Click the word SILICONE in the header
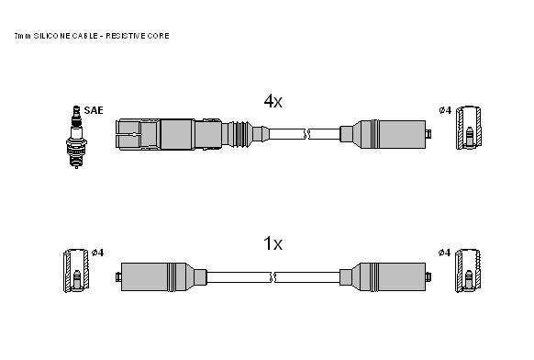(52, 36)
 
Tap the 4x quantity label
(273, 101)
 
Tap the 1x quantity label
(273, 243)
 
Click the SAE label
(94, 110)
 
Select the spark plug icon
(76, 137)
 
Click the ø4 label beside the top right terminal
(445, 110)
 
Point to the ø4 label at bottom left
(98, 253)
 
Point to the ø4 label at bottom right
(444, 253)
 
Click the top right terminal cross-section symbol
(469, 128)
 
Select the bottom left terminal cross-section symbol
(76, 271)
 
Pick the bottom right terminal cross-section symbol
(469, 271)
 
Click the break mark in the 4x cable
(306, 134)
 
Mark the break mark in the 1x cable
(273, 277)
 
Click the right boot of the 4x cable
(385, 134)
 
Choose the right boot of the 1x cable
(385, 276)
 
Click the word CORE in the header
(160, 36)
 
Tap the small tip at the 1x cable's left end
(118, 276)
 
